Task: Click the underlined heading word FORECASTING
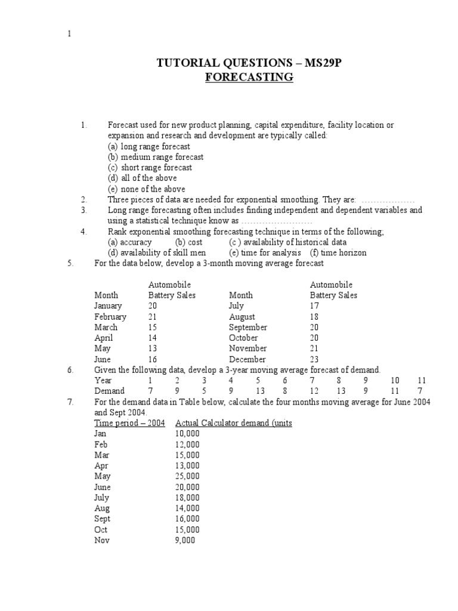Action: pyautogui.click(x=249, y=77)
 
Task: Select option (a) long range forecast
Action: pyautogui.click(x=148, y=146)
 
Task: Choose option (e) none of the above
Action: pyautogui.click(x=146, y=189)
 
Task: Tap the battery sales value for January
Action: pyautogui.click(x=153, y=306)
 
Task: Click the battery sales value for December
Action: pyautogui.click(x=314, y=359)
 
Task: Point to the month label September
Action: pyautogui.click(x=248, y=328)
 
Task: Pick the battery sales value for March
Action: pyautogui.click(x=153, y=328)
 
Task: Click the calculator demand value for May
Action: pyautogui.click(x=187, y=476)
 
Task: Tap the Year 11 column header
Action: pyautogui.click(x=422, y=380)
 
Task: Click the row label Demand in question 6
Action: pyautogui.click(x=109, y=391)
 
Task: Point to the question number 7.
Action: pyautogui.click(x=70, y=402)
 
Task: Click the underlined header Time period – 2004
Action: pyautogui.click(x=129, y=423)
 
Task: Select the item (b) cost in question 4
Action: pyautogui.click(x=188, y=242)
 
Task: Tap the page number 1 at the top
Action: pyautogui.click(x=69, y=34)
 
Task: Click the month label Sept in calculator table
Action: pyautogui.click(x=102, y=519)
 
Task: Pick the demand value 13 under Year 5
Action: pyautogui.click(x=260, y=391)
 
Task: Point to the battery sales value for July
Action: pyautogui.click(x=314, y=306)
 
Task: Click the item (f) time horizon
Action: pyautogui.click(x=338, y=253)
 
